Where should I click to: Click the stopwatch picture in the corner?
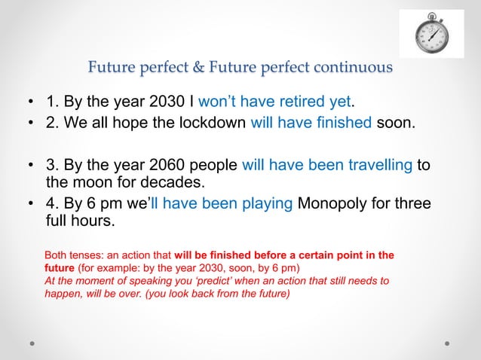pyautogui.click(x=431, y=34)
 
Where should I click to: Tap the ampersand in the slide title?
pyautogui.click(x=201, y=68)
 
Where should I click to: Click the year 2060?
pyautogui.click(x=155, y=165)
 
